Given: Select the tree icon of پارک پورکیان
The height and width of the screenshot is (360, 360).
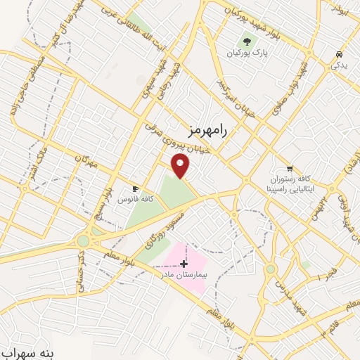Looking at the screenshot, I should click(247, 41).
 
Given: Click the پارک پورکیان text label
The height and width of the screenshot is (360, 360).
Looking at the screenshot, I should click(247, 53).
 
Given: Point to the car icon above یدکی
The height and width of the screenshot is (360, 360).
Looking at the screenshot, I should click(340, 54).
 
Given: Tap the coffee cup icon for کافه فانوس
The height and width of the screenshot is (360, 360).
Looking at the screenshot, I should click(136, 189).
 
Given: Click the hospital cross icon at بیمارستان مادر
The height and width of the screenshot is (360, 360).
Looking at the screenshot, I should click(184, 264).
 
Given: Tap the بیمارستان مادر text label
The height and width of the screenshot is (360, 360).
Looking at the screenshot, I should click(185, 275).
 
